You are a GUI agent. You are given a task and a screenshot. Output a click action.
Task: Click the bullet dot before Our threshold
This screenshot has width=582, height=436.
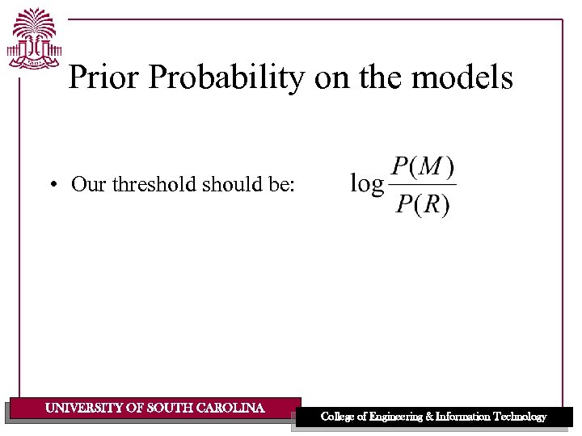coord(51,185)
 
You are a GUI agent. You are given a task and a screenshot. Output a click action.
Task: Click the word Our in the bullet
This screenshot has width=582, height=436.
coord(89,184)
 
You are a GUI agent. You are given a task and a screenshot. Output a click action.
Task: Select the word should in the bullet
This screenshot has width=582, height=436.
coord(230,184)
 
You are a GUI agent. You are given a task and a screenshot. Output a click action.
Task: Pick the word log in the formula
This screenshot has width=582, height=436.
coord(366,184)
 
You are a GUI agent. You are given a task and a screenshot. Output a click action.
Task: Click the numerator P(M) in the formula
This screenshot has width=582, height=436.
coord(423,168)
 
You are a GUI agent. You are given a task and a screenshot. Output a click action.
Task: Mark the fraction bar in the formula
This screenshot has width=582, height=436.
coord(423,186)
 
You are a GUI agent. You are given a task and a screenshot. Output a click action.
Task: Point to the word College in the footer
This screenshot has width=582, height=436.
coord(339,417)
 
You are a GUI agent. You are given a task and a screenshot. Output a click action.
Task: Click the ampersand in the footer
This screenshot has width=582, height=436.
coord(428,417)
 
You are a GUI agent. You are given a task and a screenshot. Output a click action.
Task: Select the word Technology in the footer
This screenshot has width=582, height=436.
coord(517,417)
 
